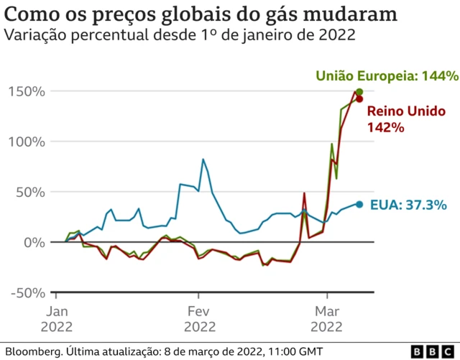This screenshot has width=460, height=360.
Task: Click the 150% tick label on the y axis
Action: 27,91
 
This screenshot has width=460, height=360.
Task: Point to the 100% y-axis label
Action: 27,142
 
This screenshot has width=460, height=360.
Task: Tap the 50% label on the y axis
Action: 31,192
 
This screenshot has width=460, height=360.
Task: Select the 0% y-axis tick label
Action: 34,242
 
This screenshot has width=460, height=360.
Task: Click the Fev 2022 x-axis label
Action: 200,319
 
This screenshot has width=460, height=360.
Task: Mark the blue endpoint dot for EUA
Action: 359,204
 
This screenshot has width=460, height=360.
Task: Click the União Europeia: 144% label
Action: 387,75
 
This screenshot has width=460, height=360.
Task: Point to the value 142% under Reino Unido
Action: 386,127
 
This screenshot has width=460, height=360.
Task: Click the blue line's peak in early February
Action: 203,159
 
